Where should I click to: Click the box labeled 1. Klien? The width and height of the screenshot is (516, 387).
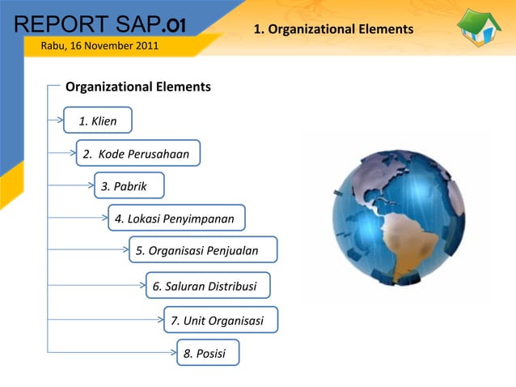pyautogui.click(x=98, y=121)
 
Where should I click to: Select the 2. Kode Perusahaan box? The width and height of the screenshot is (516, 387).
pyautogui.click(x=137, y=154)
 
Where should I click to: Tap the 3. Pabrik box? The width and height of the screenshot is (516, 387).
pyautogui.click(x=129, y=186)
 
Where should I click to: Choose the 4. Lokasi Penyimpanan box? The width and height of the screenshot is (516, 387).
pyautogui.click(x=176, y=219)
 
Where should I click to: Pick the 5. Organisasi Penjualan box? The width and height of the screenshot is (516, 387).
pyautogui.click(x=202, y=251)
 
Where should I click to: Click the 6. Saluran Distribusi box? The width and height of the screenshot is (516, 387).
pyautogui.click(x=207, y=287)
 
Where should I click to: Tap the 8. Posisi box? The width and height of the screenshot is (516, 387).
pyautogui.click(x=207, y=353)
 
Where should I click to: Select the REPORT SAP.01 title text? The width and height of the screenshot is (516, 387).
pyautogui.click(x=95, y=22)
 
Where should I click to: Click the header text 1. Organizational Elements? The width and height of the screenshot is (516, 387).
pyautogui.click(x=333, y=29)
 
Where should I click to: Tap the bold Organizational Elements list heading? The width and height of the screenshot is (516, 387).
pyautogui.click(x=137, y=87)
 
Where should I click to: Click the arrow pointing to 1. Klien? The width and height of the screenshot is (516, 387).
pyautogui.click(x=58, y=119)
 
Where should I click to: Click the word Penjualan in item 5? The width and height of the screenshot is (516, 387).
pyautogui.click(x=233, y=251)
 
